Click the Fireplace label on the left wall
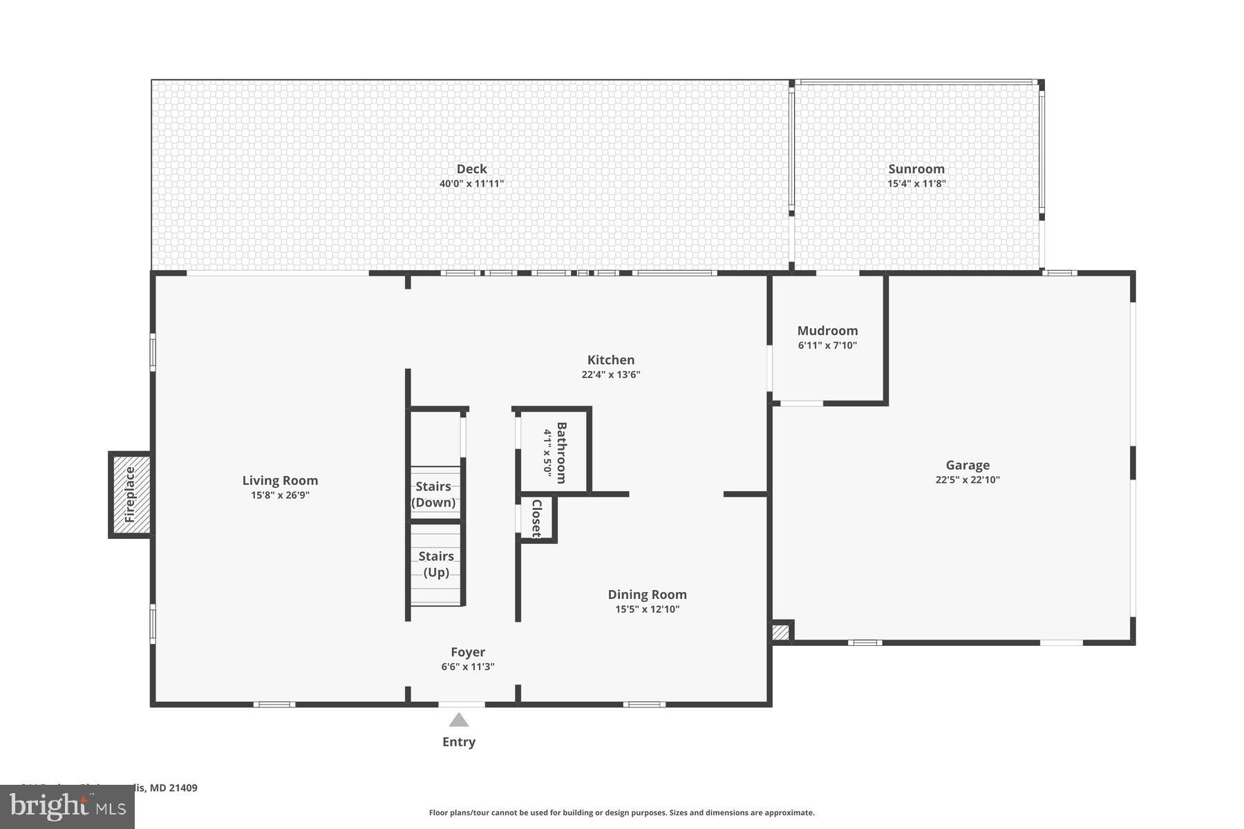coord(130,495)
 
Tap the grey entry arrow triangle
coord(459,721)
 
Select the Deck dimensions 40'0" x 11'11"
coord(471,184)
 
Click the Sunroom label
coord(916,169)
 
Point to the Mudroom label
coord(827,331)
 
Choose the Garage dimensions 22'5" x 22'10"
coord(968,479)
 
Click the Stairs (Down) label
coord(433,495)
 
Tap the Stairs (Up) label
coord(436,564)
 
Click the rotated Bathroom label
coord(561,452)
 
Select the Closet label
coord(536,518)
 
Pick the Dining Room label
coord(647,594)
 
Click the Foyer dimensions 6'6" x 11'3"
coord(468,667)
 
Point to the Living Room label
coord(280,480)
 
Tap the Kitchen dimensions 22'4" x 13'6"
coord(611,374)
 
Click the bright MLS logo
coord(67,806)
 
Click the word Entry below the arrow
coord(459,742)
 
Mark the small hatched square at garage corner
coord(780,633)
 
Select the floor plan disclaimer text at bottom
coord(621,813)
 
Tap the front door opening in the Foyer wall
coord(462,704)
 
